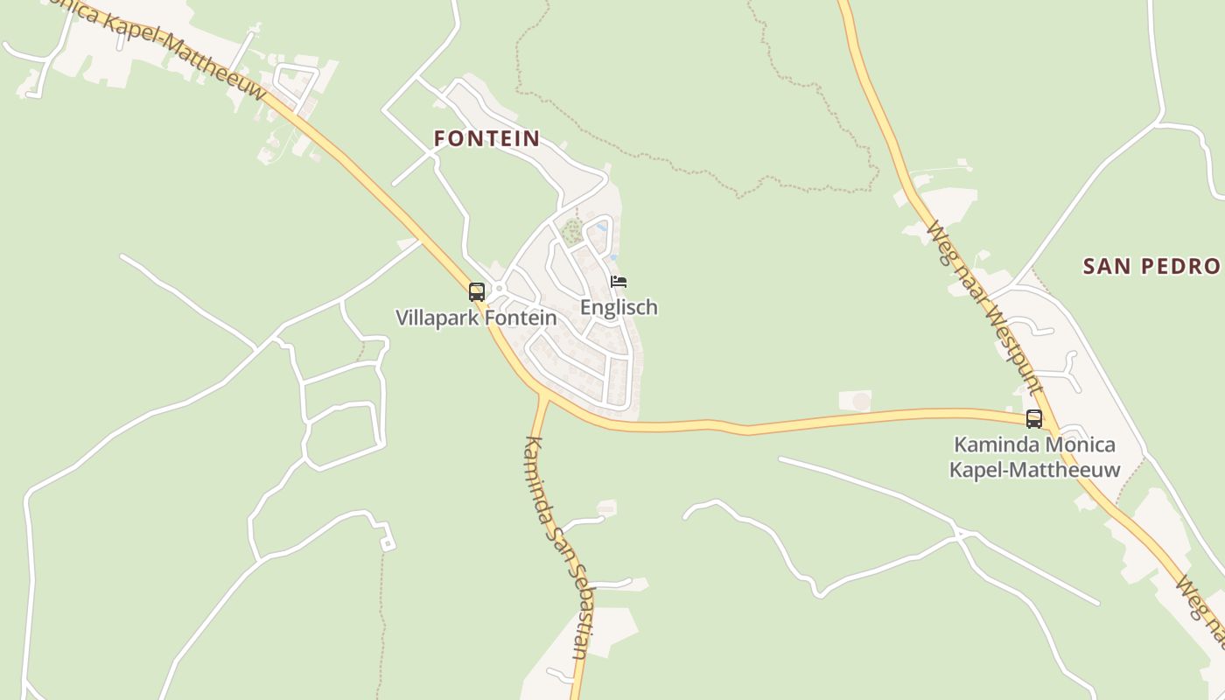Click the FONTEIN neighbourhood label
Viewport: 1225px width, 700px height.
(x=486, y=138)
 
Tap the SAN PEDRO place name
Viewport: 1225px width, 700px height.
(x=1151, y=266)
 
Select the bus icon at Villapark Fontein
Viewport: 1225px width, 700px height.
(x=477, y=291)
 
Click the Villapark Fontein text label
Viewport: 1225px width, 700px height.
(x=476, y=318)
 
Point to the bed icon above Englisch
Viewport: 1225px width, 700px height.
(x=619, y=282)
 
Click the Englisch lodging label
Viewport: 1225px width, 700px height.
(x=619, y=307)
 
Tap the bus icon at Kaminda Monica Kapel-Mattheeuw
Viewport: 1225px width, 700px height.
(x=1034, y=418)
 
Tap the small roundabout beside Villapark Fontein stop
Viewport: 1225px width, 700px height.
(x=498, y=288)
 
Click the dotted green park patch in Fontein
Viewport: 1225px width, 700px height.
(x=571, y=233)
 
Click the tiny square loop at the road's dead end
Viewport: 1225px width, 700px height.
(x=387, y=543)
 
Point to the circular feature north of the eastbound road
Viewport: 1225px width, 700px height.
(x=861, y=401)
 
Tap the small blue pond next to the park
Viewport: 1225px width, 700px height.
(x=600, y=227)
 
